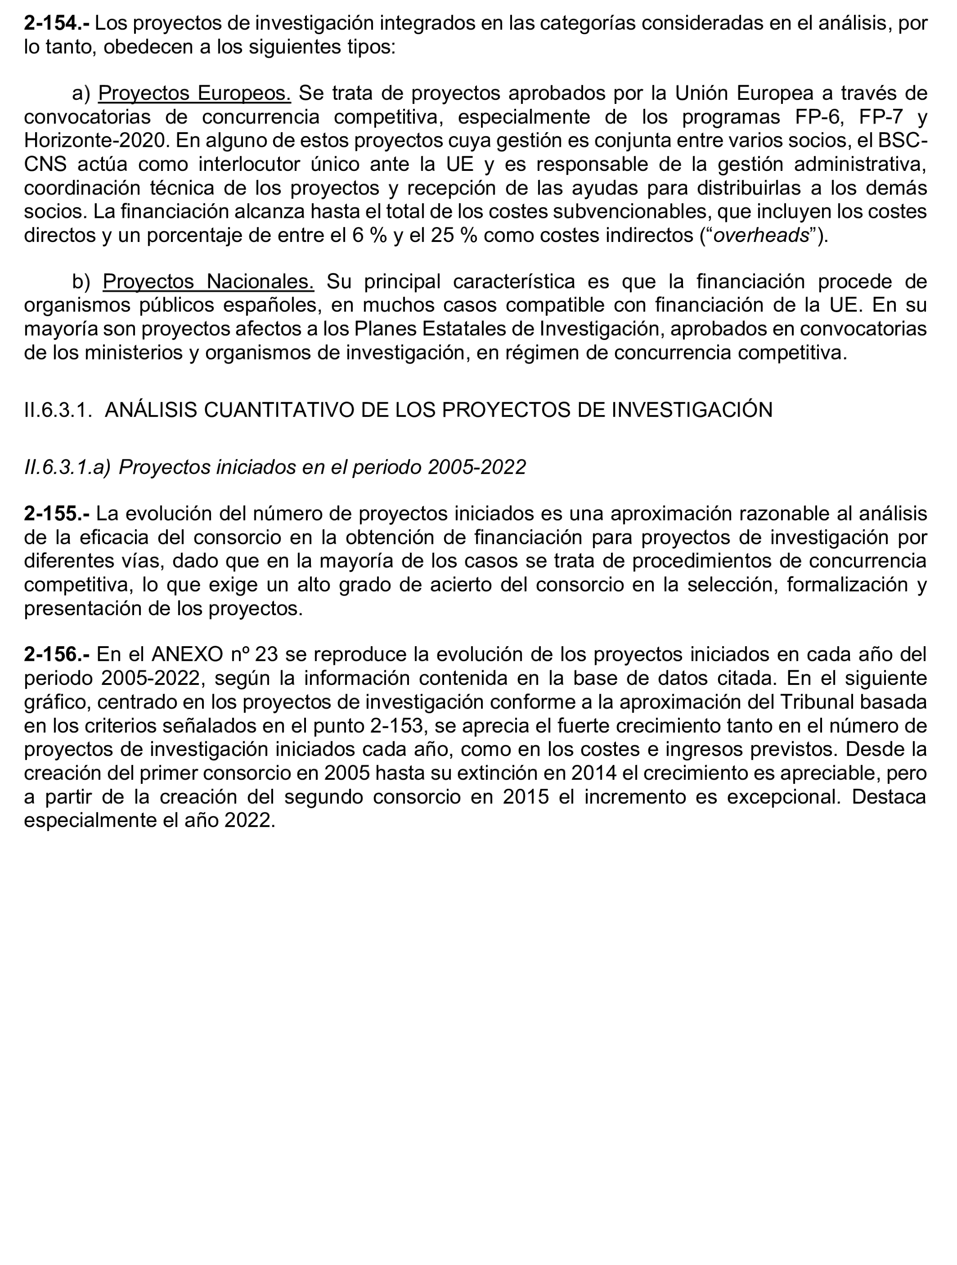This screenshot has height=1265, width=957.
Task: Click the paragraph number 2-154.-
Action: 56,23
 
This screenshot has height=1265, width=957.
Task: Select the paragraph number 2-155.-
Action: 56,514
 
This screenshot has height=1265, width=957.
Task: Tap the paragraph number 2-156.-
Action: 56,654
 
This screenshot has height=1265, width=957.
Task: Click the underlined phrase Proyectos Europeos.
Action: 195,93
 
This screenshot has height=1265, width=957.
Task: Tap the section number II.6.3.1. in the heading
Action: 58,410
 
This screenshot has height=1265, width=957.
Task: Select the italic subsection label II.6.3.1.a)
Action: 67,467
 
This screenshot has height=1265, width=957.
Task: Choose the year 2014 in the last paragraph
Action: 593,773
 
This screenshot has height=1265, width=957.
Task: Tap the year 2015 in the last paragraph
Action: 526,797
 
